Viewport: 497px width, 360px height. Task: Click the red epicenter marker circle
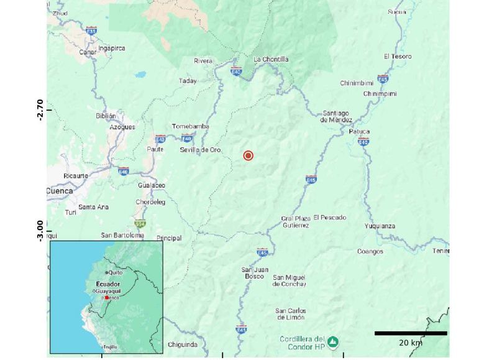[248, 155]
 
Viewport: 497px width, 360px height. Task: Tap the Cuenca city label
[60, 191]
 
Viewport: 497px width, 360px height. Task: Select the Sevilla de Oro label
[201, 150]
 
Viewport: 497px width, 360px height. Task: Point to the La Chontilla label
[271, 60]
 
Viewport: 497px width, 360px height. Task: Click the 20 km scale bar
[410, 333]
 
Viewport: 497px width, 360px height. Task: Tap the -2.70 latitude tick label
[40, 109]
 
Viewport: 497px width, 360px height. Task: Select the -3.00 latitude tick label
[40, 231]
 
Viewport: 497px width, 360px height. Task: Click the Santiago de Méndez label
[336, 116]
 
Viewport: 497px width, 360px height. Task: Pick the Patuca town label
[359, 131]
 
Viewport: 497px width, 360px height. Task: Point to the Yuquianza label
[380, 226]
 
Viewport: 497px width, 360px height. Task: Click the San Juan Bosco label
[255, 272]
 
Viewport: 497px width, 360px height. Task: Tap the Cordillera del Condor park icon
[334, 341]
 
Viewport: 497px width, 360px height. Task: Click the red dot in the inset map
[107, 298]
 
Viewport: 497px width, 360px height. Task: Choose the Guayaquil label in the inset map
[108, 291]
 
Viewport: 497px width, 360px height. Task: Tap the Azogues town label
[122, 127]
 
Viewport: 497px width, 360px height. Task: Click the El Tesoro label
[398, 57]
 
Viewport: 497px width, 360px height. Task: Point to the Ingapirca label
[112, 48]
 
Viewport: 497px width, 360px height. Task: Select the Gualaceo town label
[152, 185]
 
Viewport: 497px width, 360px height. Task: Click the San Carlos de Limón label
[291, 314]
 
